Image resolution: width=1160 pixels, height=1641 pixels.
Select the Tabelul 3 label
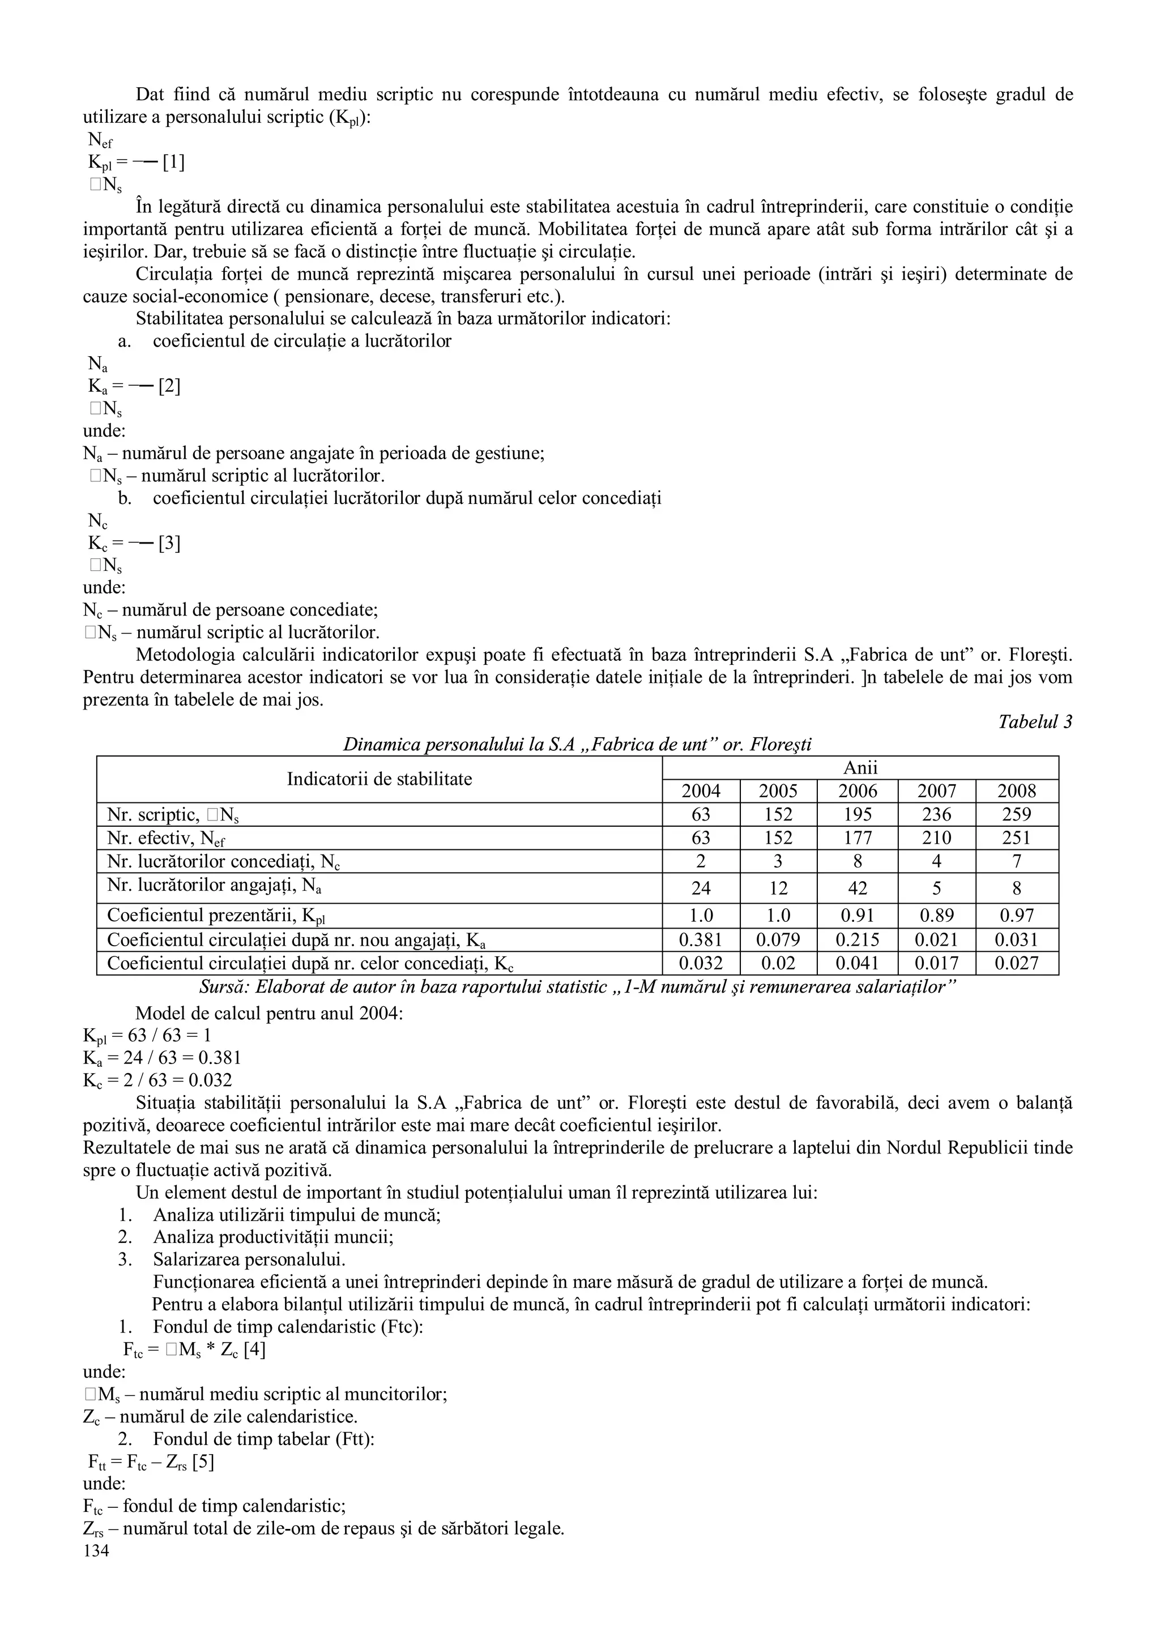[1035, 722]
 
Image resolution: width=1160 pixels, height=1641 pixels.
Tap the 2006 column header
[857, 791]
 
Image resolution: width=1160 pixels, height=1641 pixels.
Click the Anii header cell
[860, 768]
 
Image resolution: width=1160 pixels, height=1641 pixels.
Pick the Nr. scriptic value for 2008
[1016, 815]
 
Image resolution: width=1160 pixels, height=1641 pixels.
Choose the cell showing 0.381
[701, 940]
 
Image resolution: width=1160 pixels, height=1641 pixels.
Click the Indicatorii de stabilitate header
[379, 779]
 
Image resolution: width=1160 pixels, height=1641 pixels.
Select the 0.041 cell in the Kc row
[857, 963]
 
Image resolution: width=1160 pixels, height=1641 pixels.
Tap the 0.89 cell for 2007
[936, 916]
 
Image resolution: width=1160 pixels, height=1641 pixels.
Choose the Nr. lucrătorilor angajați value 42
[857, 888]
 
